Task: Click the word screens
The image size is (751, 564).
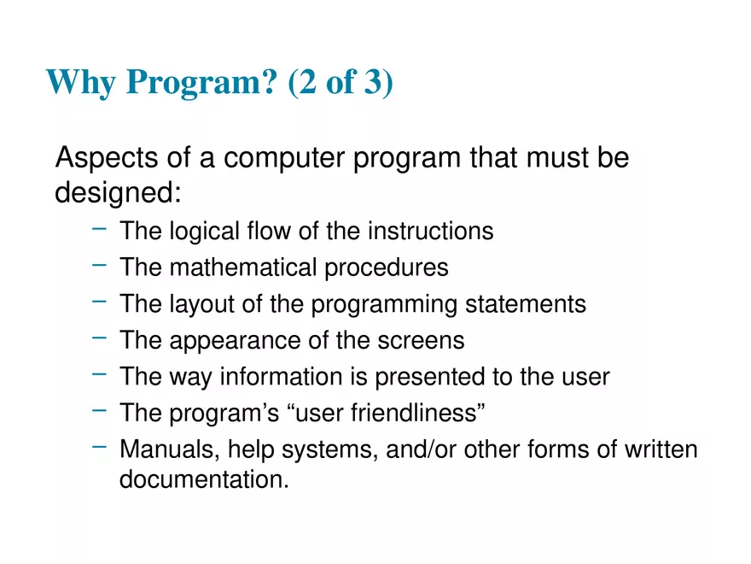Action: pyautogui.click(x=423, y=340)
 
